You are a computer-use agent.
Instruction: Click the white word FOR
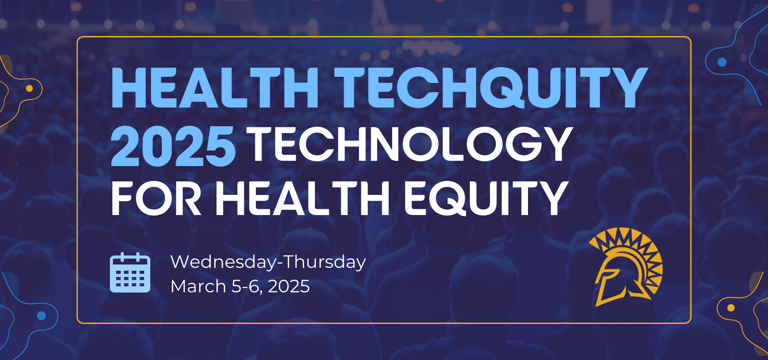pyautogui.click(x=156, y=198)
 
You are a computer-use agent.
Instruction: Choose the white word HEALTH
pyautogui.click(x=302, y=198)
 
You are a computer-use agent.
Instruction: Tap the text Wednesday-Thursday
pyautogui.click(x=268, y=262)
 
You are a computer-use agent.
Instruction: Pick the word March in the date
pyautogui.click(x=198, y=286)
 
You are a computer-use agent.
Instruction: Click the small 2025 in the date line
pyautogui.click(x=288, y=286)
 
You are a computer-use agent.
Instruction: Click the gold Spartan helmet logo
pyautogui.click(x=626, y=267)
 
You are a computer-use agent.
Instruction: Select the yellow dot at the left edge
pyautogui.click(x=29, y=88)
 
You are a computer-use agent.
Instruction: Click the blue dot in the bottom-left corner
pyautogui.click(x=41, y=315)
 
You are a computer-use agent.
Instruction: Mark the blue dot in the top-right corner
pyautogui.click(x=722, y=62)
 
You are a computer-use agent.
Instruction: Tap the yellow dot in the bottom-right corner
pyautogui.click(x=731, y=308)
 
